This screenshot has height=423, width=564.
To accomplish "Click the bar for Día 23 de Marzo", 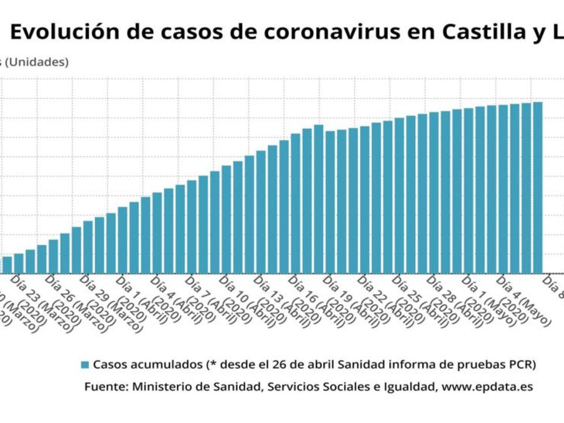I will (19, 264).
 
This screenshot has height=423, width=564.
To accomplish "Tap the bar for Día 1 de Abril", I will (123, 240).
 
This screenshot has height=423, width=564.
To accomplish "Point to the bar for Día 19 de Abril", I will (330, 202).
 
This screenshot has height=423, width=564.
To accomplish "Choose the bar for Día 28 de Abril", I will (434, 193).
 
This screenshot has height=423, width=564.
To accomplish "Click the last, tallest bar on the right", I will (538, 188).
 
